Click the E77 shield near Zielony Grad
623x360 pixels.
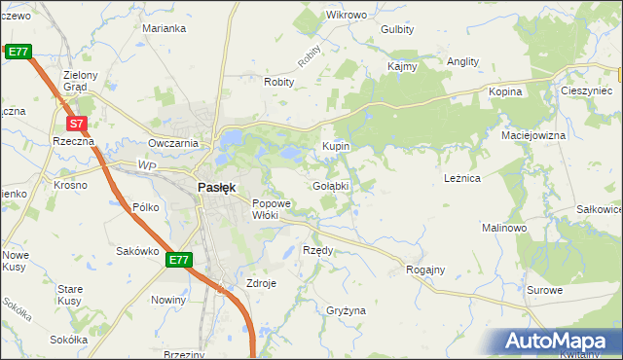[18, 51]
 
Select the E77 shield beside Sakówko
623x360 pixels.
[178, 260]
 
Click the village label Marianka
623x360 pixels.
[164, 29]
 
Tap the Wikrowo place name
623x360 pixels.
[347, 16]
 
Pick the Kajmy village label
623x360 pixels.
[402, 67]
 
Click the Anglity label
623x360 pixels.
[462, 61]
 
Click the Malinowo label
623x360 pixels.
[504, 227]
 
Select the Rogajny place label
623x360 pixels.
[425, 270]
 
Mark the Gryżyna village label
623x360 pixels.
[347, 310]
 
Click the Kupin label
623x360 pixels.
[336, 146]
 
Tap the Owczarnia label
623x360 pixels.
[173, 143]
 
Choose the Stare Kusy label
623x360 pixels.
[70, 295]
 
